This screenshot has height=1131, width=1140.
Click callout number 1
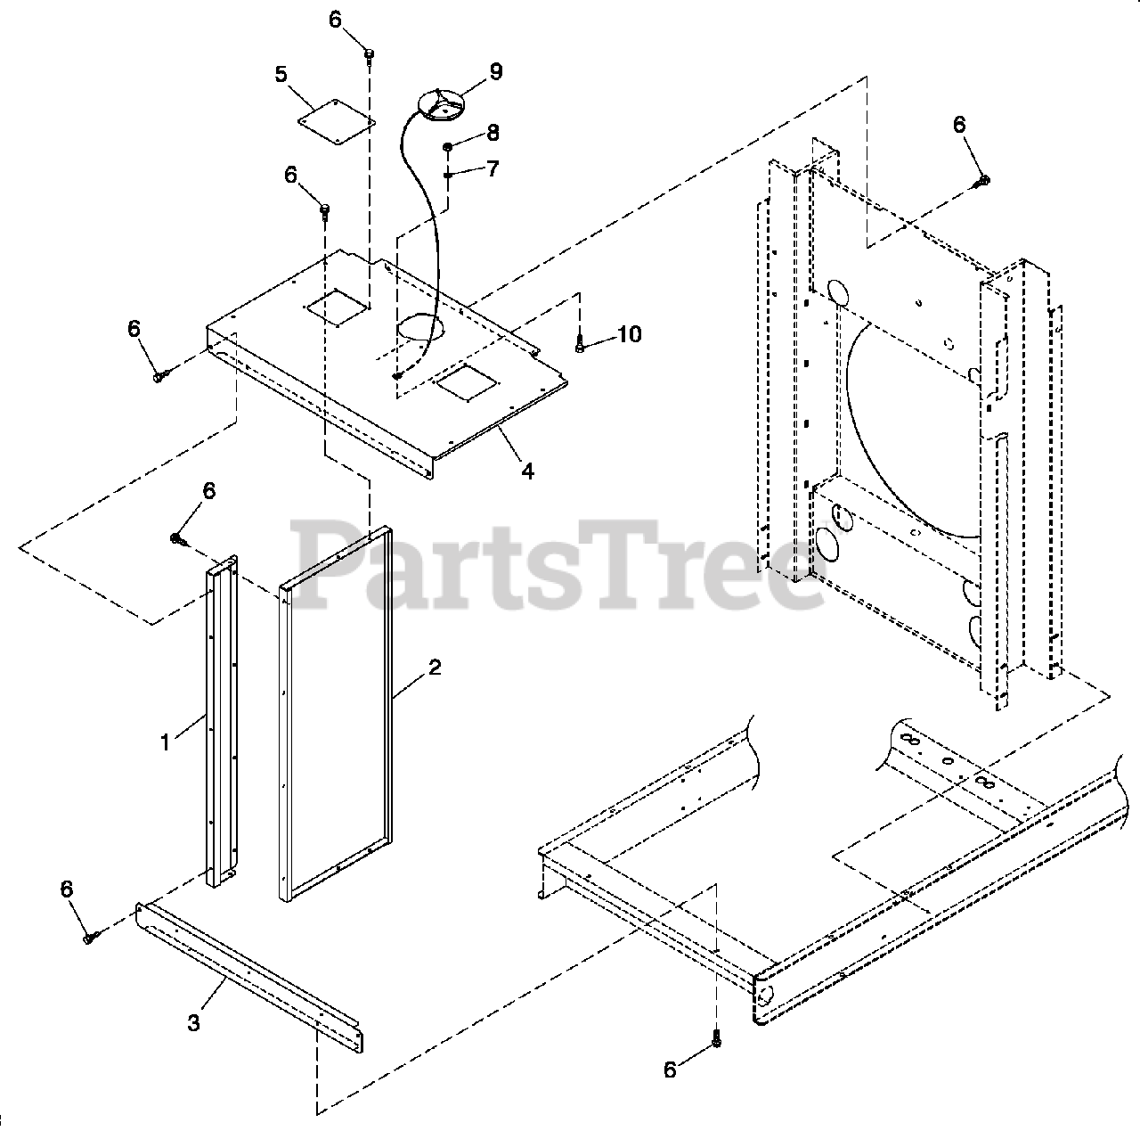coord(165,742)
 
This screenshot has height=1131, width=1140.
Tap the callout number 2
coord(434,668)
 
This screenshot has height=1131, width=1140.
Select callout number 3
coord(194,1022)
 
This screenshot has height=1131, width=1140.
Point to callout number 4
coord(527,471)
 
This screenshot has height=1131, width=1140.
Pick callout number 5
coord(281,73)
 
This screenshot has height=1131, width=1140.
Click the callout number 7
coord(493,168)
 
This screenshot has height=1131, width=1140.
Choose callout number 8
coord(493,133)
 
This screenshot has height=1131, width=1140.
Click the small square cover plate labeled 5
coord(337,120)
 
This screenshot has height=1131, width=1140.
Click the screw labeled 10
coord(580,343)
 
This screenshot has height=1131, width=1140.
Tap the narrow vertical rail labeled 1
coord(223,722)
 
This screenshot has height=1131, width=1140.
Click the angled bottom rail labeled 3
coord(249,971)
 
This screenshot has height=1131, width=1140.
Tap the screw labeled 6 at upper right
coord(983,181)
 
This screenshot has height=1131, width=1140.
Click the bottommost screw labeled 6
coord(718,1039)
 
